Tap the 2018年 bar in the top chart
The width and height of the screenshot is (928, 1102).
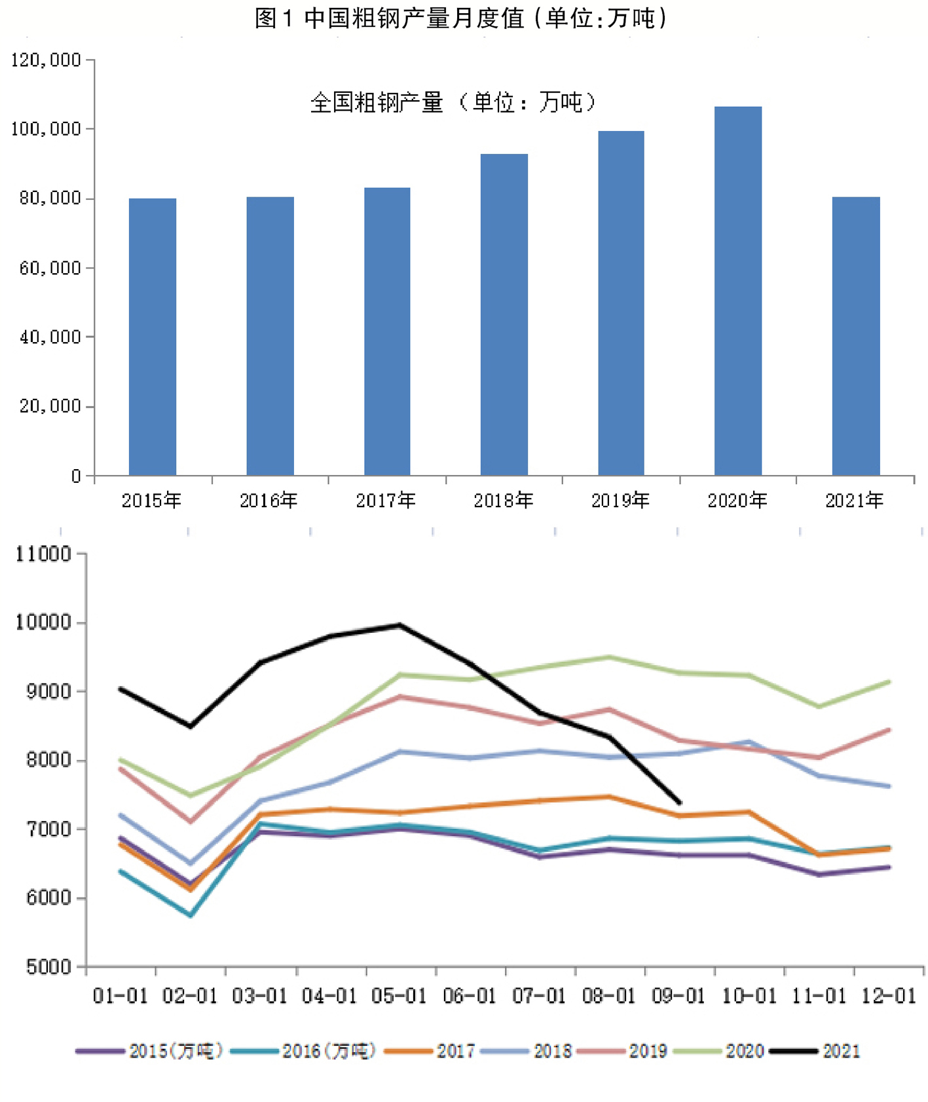tap(504, 314)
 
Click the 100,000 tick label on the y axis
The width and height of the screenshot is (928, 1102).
tap(46, 129)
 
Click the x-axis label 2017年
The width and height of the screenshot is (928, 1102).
tap(386, 501)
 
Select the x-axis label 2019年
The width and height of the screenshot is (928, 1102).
tap(620, 501)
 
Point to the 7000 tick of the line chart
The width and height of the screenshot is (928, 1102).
tap(47, 829)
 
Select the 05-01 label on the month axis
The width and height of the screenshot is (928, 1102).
tap(399, 996)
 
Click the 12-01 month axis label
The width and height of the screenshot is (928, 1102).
tap(888, 996)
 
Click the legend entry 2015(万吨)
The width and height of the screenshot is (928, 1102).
tap(150, 1051)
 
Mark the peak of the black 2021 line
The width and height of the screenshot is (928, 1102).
tap(399, 625)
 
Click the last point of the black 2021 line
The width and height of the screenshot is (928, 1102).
tap(679, 803)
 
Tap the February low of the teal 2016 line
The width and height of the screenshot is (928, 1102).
tap(191, 915)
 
